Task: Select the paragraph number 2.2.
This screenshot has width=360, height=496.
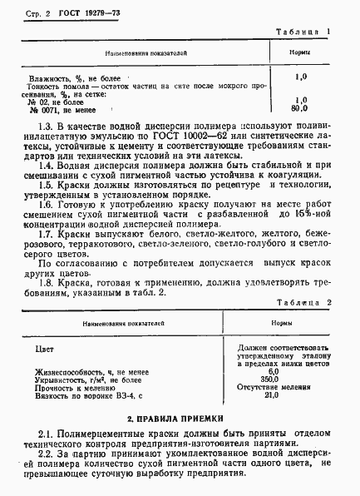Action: point(47,454)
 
